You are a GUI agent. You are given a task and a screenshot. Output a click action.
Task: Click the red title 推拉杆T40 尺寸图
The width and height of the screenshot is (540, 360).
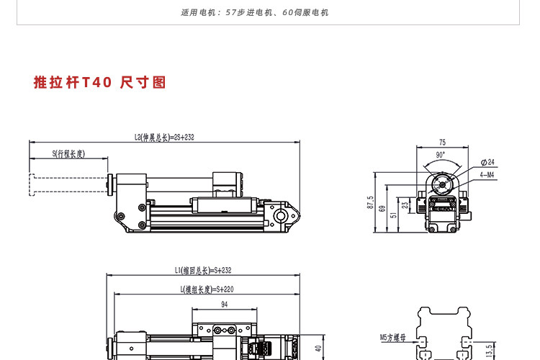(100, 82)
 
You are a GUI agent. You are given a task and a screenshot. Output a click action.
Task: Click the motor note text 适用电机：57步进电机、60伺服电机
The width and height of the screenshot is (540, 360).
(255, 13)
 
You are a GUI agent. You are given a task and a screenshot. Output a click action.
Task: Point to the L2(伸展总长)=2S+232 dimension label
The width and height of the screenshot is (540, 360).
(164, 137)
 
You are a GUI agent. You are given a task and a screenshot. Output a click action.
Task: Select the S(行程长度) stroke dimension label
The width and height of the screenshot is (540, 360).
(68, 153)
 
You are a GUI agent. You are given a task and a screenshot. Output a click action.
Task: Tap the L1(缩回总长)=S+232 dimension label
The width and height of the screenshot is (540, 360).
(203, 271)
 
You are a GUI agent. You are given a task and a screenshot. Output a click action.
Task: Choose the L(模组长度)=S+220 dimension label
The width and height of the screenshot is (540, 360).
(207, 289)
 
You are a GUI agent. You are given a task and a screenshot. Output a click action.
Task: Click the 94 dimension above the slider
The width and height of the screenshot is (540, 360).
(224, 305)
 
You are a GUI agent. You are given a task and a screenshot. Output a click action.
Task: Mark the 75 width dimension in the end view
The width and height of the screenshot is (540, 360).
(443, 143)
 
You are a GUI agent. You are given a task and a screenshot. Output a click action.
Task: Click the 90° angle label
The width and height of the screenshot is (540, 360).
(441, 155)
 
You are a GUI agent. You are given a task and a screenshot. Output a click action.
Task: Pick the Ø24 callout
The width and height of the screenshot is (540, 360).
(487, 162)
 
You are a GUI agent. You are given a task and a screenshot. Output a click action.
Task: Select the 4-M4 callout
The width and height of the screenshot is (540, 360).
(487, 175)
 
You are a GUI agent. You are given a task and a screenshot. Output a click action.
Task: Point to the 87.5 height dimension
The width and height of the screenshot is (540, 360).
(370, 202)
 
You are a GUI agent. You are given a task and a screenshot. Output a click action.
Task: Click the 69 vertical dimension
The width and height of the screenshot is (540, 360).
(382, 208)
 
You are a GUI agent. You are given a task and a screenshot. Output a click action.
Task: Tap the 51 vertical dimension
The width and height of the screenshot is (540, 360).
(393, 215)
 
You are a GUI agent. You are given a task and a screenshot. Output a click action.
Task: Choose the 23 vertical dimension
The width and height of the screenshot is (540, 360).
(405, 205)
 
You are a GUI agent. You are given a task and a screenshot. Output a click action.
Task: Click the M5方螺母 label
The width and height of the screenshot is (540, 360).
(392, 338)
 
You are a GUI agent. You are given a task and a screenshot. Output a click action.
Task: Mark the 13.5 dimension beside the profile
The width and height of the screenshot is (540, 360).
(489, 351)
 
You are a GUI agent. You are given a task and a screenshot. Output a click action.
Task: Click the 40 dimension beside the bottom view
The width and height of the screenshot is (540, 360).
(318, 348)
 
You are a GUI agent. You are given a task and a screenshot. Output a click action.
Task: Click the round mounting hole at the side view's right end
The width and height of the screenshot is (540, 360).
(281, 216)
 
